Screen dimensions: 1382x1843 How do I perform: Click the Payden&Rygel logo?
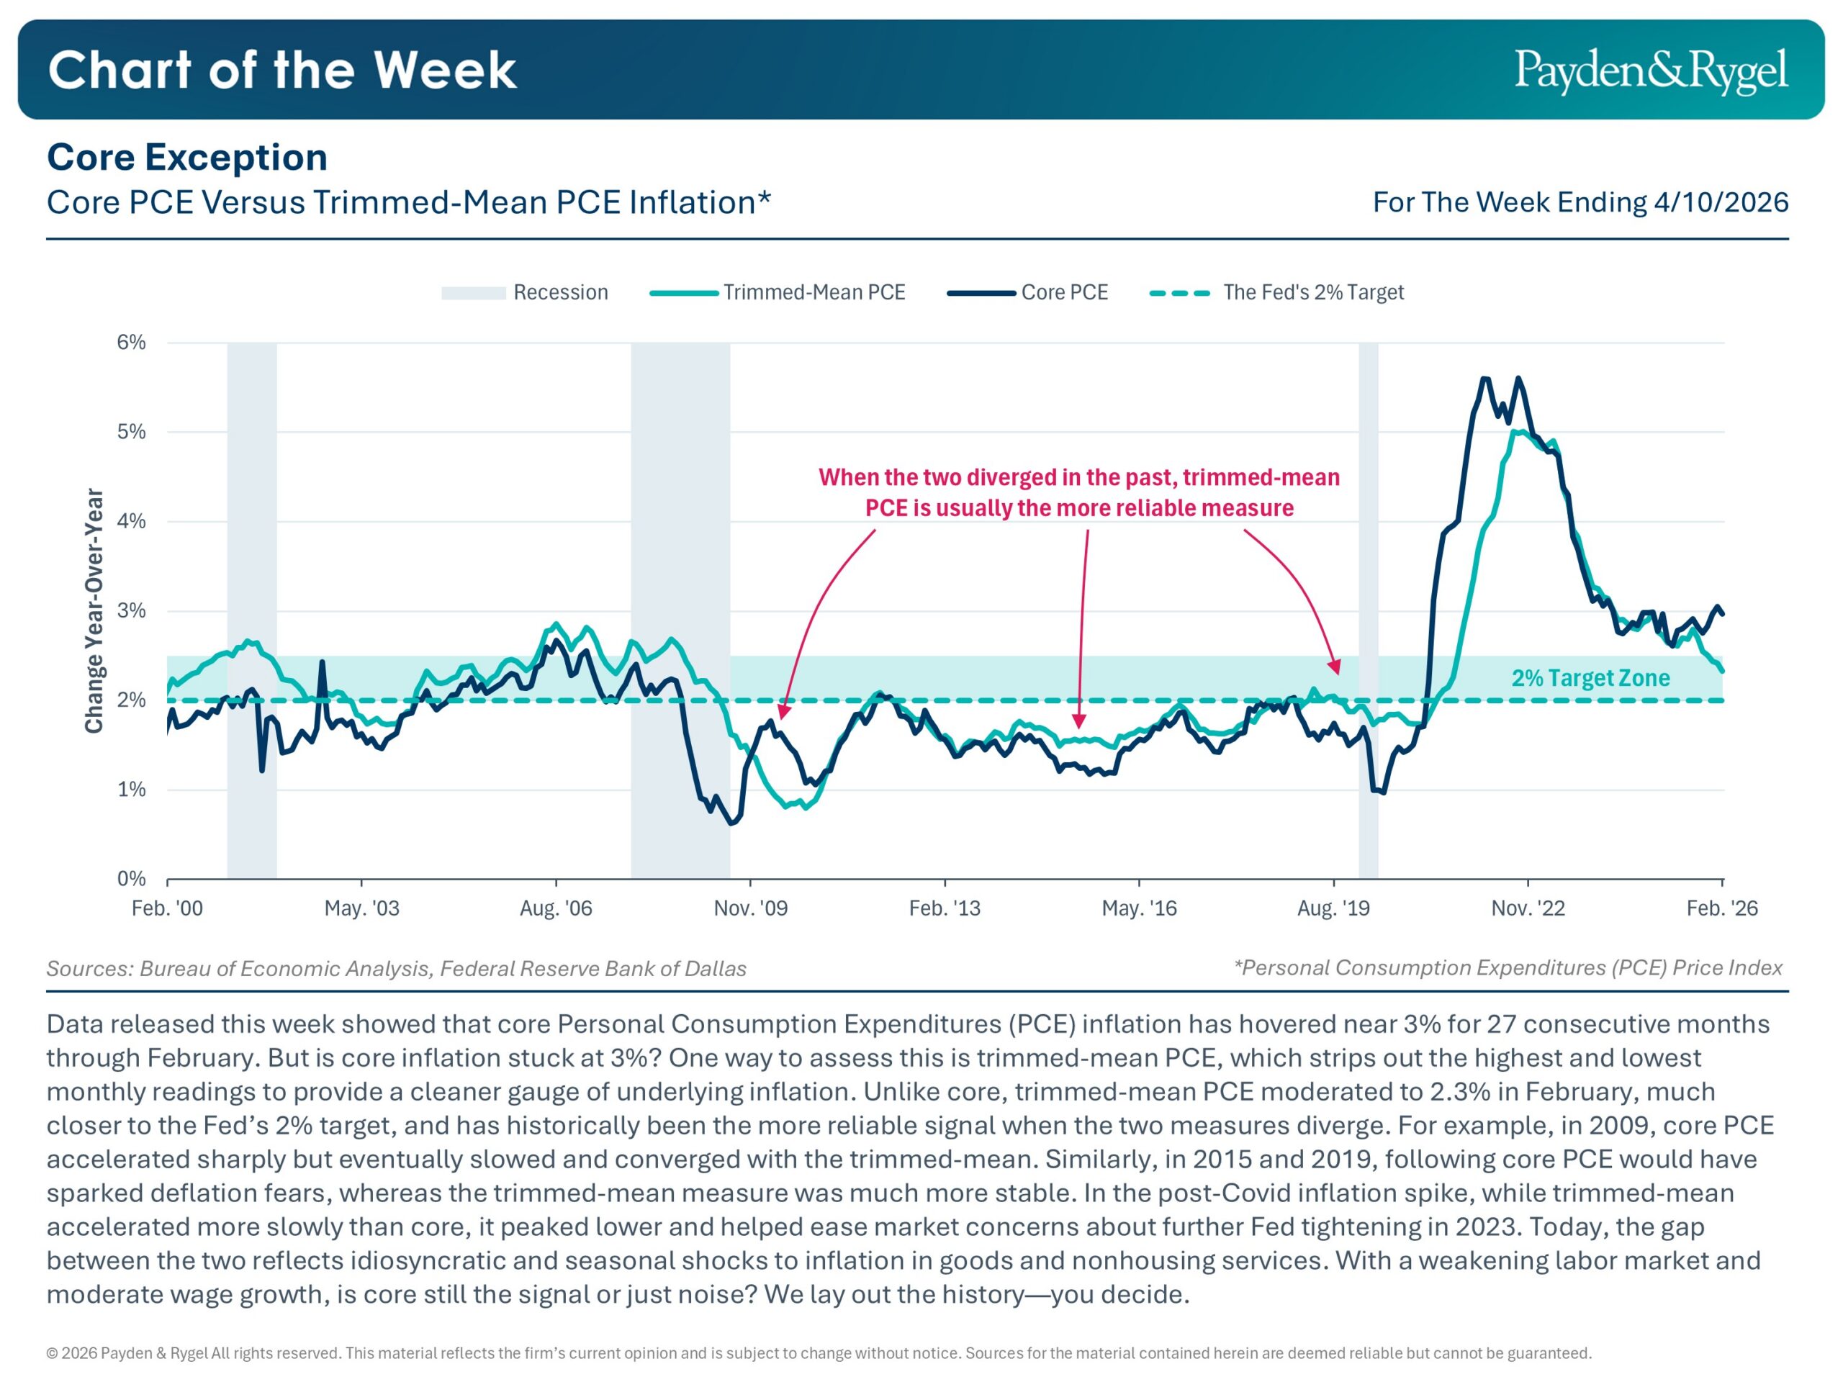tap(1650, 70)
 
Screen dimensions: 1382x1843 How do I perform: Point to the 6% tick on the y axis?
tap(132, 343)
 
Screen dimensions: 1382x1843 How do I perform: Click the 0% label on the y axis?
tap(132, 879)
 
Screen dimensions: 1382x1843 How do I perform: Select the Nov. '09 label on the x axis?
tap(750, 908)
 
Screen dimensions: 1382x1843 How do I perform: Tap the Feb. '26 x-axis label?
tap(1721, 908)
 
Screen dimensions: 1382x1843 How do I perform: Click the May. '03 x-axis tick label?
tap(361, 908)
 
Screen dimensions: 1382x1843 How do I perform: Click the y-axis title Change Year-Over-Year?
tap(94, 610)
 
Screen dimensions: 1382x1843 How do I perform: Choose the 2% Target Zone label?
tap(1590, 678)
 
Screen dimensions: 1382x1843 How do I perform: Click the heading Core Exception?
tap(187, 158)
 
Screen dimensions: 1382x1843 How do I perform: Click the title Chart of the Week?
tap(282, 70)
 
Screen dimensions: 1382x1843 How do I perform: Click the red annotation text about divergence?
tap(1079, 492)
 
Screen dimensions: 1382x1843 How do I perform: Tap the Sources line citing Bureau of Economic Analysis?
tap(396, 969)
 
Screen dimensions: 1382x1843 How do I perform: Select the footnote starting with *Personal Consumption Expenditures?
tap(1508, 968)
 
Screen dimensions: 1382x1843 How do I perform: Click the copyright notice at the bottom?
tap(818, 1352)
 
